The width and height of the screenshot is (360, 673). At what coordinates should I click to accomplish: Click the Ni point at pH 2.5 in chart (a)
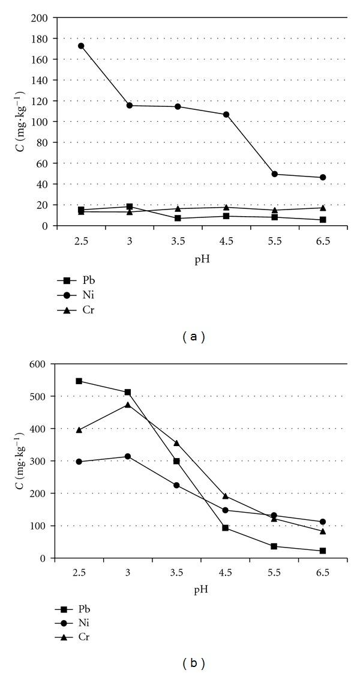coord(81,46)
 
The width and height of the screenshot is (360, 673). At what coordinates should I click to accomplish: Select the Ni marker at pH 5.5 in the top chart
coord(275,174)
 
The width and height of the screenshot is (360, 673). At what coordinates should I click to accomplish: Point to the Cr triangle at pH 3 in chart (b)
coord(128,405)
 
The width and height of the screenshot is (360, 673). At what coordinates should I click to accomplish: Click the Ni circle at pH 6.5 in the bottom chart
coord(323,522)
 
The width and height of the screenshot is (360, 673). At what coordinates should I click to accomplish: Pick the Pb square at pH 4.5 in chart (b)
coord(225,528)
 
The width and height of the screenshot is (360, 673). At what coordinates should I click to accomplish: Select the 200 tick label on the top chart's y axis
coord(40,18)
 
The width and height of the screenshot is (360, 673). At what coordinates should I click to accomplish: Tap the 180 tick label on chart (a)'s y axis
coord(40,38)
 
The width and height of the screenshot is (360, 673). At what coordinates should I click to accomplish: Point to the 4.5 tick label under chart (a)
coord(226,239)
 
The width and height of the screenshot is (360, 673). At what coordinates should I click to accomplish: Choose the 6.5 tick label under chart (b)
coord(323,572)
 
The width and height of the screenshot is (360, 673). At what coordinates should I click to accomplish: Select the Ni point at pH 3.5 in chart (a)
coord(178,107)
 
